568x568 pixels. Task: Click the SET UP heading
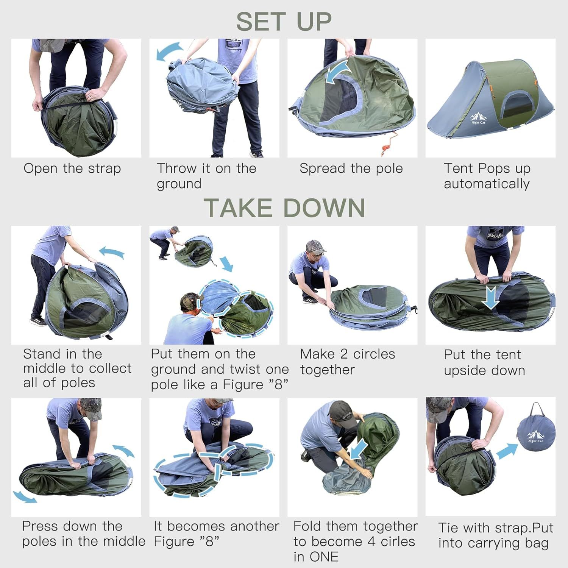(x=284, y=22)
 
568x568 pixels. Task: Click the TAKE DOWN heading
(x=284, y=208)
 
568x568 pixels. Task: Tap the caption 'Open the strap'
(x=72, y=169)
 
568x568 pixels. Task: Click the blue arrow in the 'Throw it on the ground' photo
(x=169, y=51)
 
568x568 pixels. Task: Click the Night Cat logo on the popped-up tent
(x=478, y=118)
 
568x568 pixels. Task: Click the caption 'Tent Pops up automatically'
(x=487, y=176)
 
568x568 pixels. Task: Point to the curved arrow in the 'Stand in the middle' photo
(x=112, y=252)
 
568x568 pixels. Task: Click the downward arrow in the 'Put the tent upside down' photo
(x=491, y=297)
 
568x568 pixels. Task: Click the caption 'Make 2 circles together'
(x=347, y=362)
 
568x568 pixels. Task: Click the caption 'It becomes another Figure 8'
(x=216, y=534)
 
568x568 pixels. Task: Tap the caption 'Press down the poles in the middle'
(x=83, y=534)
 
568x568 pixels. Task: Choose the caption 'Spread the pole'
(x=351, y=169)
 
